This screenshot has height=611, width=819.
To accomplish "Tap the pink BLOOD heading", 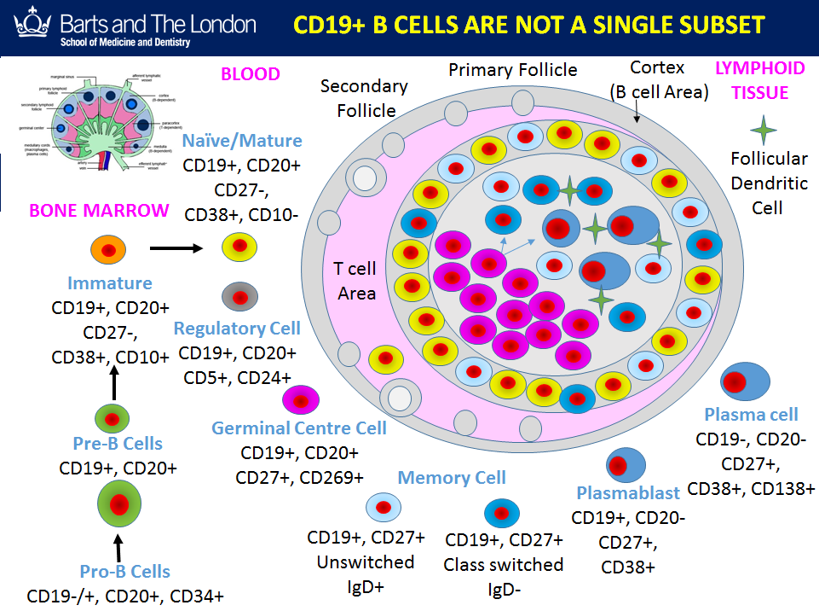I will [251, 74].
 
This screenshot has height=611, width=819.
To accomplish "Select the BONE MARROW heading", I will [99, 211].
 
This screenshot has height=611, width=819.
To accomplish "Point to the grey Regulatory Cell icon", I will [240, 296].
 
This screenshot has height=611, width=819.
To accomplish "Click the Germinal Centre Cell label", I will [299, 428].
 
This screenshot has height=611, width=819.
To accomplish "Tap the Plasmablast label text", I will [628, 492].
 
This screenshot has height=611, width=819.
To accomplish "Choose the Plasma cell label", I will [751, 415].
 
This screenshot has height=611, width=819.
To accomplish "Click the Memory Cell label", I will [452, 478].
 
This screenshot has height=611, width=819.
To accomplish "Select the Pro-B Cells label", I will [124, 572].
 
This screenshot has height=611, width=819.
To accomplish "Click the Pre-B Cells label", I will [118, 444].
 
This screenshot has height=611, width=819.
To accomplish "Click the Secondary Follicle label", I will [365, 98].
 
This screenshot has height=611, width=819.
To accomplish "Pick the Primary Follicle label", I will [513, 70].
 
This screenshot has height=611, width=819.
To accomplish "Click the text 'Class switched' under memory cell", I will [504, 565].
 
